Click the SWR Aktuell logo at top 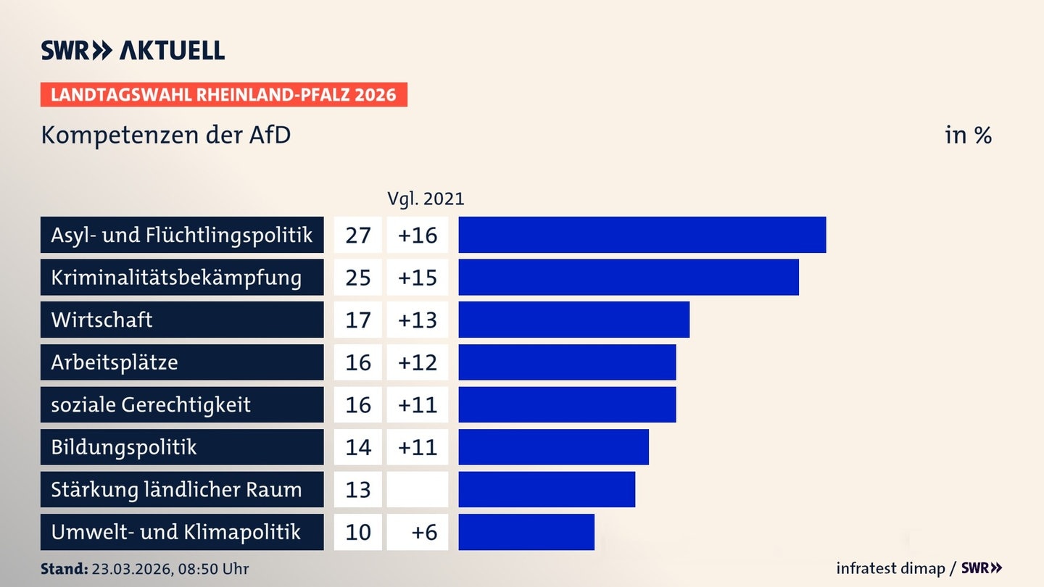133,50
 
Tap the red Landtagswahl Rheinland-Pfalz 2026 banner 224,94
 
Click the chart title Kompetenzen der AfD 166,135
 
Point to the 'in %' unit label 968,135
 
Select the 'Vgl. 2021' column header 426,199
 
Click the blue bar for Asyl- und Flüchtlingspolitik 642,235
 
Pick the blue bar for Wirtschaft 573,320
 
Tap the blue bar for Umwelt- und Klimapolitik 526,532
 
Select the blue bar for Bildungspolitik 554,447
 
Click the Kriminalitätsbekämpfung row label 176,278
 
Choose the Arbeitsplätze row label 115,362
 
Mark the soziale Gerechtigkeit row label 151,405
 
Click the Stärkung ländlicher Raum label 176,490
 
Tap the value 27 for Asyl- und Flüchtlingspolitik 358,236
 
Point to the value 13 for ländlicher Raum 358,490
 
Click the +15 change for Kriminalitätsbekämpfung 418,278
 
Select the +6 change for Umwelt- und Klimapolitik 424,532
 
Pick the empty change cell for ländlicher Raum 418,490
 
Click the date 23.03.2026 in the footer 132,569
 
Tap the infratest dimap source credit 890,568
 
